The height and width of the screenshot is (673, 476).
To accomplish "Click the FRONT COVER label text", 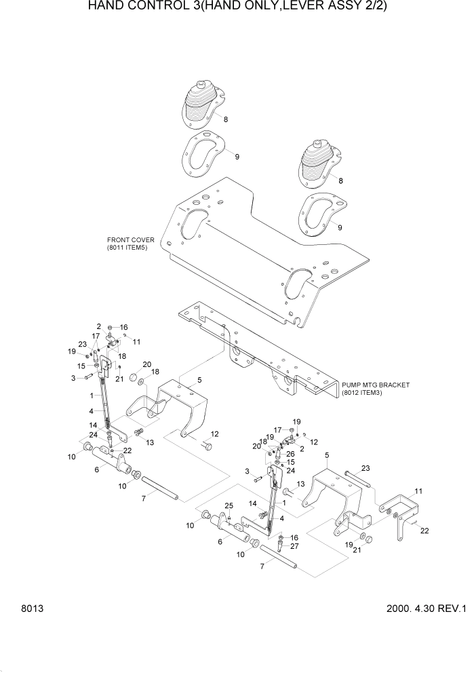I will pyautogui.click(x=130, y=240).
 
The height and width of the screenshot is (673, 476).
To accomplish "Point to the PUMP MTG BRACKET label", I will pyautogui.click(x=376, y=385).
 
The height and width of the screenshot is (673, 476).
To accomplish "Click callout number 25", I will pyautogui.click(x=229, y=506).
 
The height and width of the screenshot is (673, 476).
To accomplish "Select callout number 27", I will pyautogui.click(x=294, y=545).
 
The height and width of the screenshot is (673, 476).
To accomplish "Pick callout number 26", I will pyautogui.click(x=290, y=454).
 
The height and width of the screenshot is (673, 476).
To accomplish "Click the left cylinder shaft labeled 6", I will pyautogui.click(x=108, y=464).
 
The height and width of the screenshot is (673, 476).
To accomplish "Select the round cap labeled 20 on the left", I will pyautogui.click(x=134, y=377).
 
